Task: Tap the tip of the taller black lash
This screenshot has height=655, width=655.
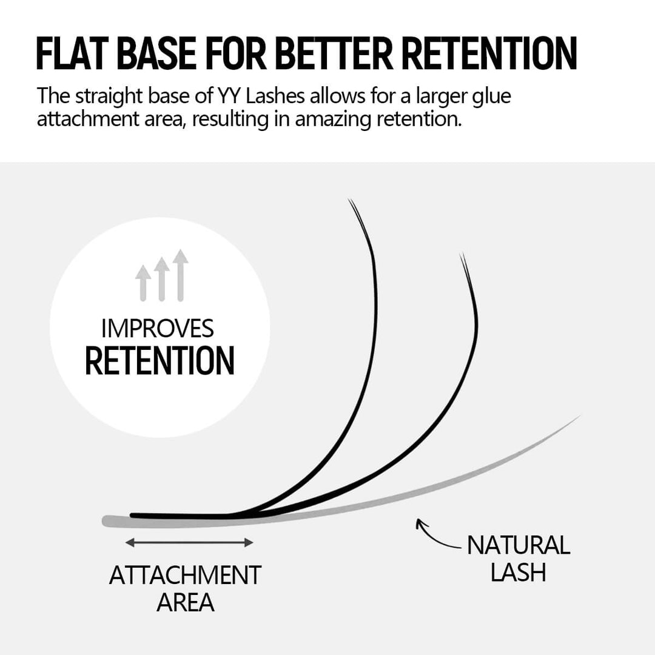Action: [x=351, y=201]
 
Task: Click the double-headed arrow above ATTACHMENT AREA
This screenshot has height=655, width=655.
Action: [x=189, y=543]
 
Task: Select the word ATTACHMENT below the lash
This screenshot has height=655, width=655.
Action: [x=185, y=575]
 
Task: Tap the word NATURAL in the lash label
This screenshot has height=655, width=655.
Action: [x=518, y=545]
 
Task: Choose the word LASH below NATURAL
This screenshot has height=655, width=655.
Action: [x=518, y=573]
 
